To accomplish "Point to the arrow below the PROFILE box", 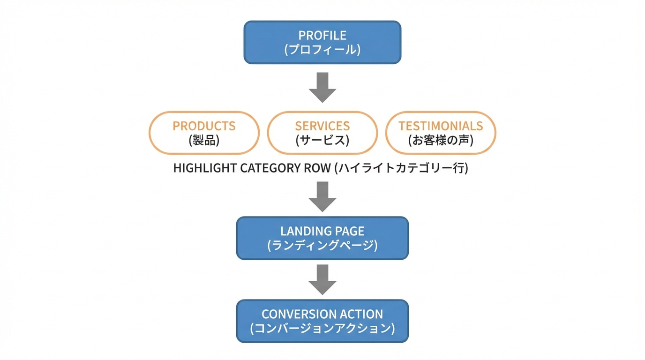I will pos(322,87).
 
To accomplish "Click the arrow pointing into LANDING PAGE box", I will pos(322,197).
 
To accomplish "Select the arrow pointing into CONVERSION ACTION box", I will pos(322,280).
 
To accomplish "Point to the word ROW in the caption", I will pos(319,168).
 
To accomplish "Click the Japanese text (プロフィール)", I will pos(322,50).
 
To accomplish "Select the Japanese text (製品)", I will pos(204,140).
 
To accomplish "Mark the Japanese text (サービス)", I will pos(322,140).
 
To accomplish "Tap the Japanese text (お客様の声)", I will pos(441,140).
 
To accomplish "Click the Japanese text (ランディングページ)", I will pos(322,245).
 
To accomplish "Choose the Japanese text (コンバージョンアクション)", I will pos(322,329).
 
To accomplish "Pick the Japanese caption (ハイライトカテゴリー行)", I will pos(401,168).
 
